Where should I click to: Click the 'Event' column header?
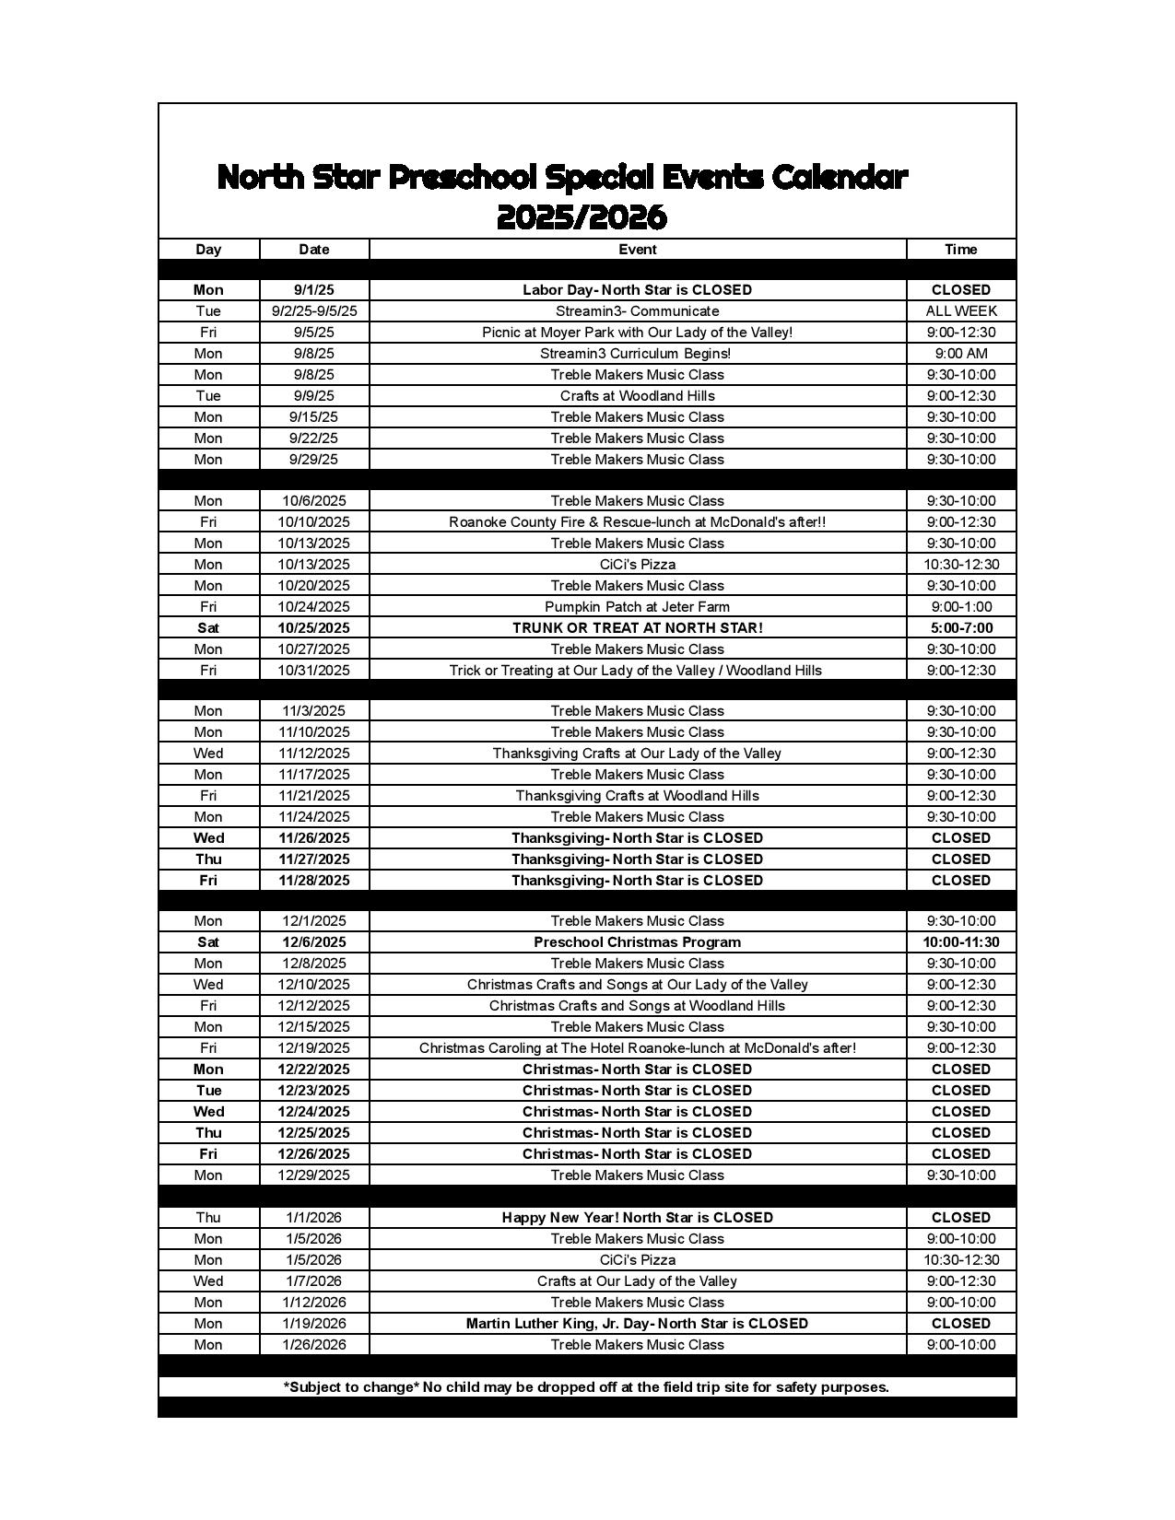[637, 249]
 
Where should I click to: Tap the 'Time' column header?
[960, 249]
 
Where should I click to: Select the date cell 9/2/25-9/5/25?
[314, 311]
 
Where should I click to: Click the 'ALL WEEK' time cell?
[960, 311]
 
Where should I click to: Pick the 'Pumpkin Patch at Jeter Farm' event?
[637, 607]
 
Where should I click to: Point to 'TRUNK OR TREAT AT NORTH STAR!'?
[637, 628]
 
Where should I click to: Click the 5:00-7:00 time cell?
[960, 628]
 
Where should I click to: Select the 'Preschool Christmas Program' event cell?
[637, 942]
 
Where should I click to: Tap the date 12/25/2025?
[314, 1133]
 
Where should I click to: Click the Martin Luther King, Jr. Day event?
[637, 1324]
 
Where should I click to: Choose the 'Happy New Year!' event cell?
[637, 1218]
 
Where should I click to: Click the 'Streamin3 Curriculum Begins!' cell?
[637, 354]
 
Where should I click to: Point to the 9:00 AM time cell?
[960, 354]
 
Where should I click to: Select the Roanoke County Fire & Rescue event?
[637, 522]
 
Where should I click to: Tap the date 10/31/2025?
[314, 671]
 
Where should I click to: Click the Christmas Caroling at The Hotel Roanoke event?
[637, 1048]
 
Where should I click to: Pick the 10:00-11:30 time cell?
[960, 942]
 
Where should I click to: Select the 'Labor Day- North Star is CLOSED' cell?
[637, 290]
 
